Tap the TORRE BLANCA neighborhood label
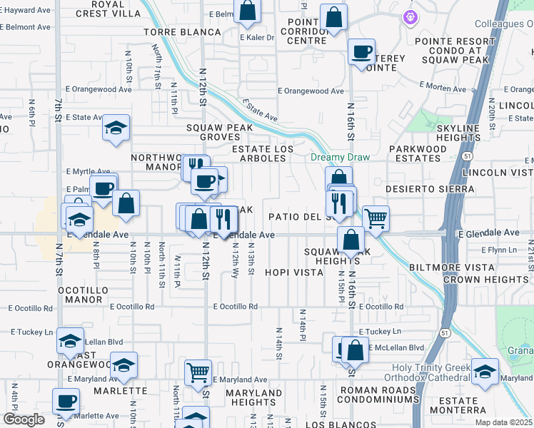[182, 33]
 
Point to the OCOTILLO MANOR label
[83, 295]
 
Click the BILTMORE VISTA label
[453, 267]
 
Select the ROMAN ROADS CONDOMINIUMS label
[378, 394]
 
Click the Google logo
[24, 419]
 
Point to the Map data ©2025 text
[504, 422]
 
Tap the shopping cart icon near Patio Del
[376, 218]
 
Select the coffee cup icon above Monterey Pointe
[361, 51]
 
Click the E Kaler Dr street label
[257, 38]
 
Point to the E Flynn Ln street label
[498, 250]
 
